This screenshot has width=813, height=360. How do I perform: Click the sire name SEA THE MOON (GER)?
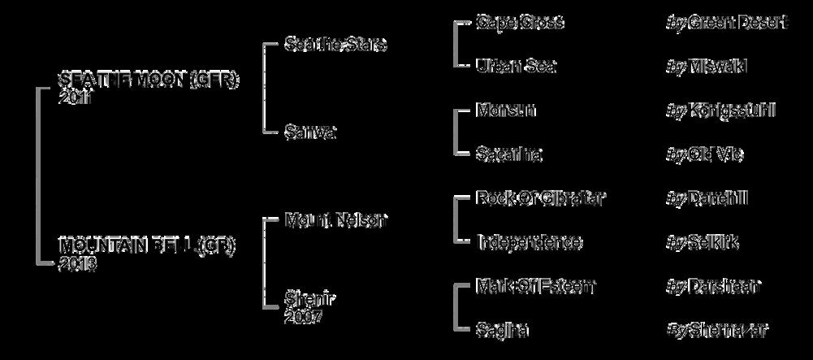pyautogui.click(x=150, y=80)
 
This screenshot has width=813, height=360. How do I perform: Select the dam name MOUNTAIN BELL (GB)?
pyautogui.click(x=147, y=245)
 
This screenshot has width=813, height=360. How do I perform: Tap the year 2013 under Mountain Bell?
pyautogui.click(x=78, y=263)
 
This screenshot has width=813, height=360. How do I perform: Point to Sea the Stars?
pyautogui.click(x=335, y=44)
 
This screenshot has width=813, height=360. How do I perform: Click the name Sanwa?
pyautogui.click(x=310, y=132)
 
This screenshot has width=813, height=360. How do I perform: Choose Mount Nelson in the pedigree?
pyautogui.click(x=336, y=219)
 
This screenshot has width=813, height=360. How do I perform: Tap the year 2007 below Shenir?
pyautogui.click(x=304, y=317)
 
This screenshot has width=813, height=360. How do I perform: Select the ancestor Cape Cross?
pyautogui.click(x=520, y=23)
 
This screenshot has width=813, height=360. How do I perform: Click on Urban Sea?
pyautogui.click(x=516, y=67)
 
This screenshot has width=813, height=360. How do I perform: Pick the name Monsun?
pyautogui.click(x=506, y=111)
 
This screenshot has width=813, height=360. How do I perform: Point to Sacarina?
pyautogui.click(x=509, y=154)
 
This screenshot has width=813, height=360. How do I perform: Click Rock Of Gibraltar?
pyautogui.click(x=541, y=198)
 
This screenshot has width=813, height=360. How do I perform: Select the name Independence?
pyautogui.click(x=529, y=242)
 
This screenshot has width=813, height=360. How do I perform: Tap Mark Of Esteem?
pyautogui.click(x=536, y=286)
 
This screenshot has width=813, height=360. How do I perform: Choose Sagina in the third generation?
pyautogui.click(x=503, y=330)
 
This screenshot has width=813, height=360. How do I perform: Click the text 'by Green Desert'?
pyautogui.click(x=726, y=23)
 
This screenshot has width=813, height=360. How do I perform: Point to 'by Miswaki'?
pyautogui.click(x=706, y=67)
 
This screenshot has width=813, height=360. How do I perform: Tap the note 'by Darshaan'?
pyautogui.click(x=713, y=286)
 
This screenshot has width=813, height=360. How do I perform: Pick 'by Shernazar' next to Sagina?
pyautogui.click(x=716, y=330)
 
